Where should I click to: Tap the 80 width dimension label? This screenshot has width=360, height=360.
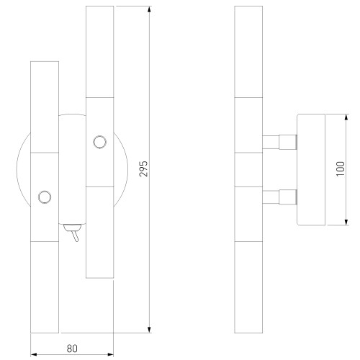point(71,348)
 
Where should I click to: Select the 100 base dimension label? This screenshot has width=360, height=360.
point(340,170)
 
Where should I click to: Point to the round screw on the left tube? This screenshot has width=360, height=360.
point(45,196)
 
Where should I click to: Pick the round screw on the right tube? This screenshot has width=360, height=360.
point(99,141)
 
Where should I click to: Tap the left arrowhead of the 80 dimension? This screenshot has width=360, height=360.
point(35,356)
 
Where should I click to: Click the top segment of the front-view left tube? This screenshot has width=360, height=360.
point(45,107)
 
